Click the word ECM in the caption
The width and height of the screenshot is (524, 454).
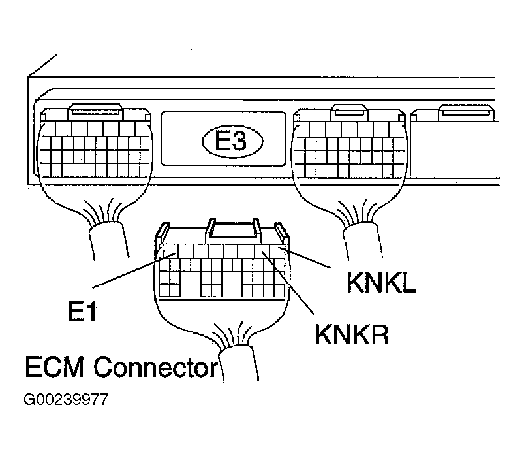pyautogui.click(x=55, y=368)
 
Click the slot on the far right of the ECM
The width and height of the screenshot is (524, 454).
pyautogui.click(x=465, y=114)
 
